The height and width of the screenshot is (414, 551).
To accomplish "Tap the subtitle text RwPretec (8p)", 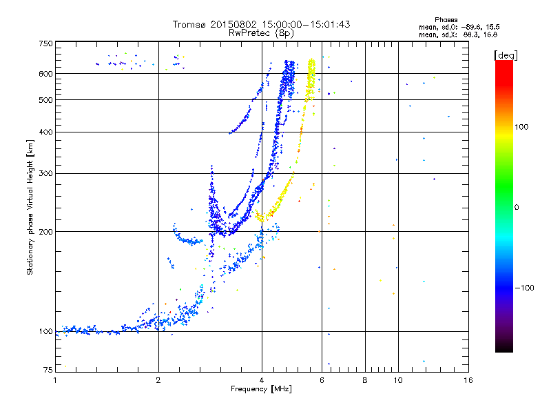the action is [261, 33].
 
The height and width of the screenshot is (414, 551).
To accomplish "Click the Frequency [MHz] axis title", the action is [261, 389].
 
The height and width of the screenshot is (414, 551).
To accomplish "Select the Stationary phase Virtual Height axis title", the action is [30, 207].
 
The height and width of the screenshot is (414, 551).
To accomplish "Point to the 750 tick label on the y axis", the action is [45, 43].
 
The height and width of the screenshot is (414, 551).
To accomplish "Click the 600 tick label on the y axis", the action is [45, 74].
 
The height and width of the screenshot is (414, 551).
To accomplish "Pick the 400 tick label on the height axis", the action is [45, 132].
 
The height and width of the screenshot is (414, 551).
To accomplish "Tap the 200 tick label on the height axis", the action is [45, 232].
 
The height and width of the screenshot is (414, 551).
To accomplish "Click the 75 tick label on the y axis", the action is [48, 370].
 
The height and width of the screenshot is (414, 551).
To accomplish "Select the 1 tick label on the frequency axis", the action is [55, 380].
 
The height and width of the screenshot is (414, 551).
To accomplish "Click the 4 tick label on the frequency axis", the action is [262, 380].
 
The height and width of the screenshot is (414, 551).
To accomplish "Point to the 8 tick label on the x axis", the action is [365, 380].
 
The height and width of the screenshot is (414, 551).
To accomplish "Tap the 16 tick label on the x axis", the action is [468, 380].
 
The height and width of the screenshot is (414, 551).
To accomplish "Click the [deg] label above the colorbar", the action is [506, 56].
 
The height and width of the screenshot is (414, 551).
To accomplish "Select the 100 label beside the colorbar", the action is [521, 127].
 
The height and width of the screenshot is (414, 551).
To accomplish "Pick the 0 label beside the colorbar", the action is [517, 207].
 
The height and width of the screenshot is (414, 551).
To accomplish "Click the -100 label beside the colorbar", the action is [525, 288].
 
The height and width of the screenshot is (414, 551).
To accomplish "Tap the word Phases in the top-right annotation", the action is [446, 20].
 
